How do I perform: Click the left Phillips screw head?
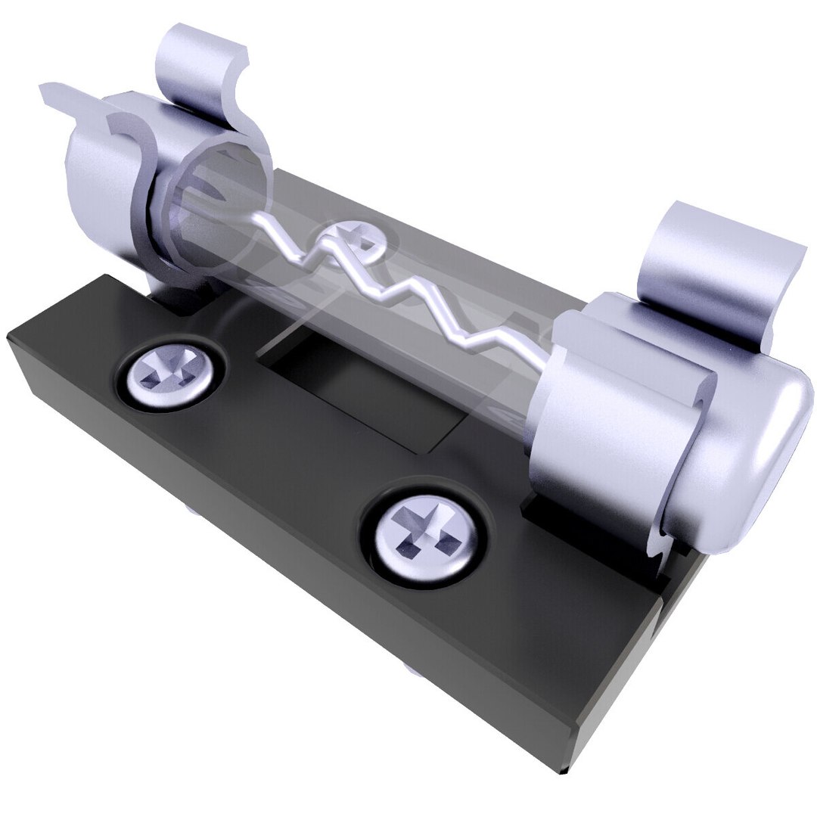tap(167, 372)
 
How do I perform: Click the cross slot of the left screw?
tap(167, 371)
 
